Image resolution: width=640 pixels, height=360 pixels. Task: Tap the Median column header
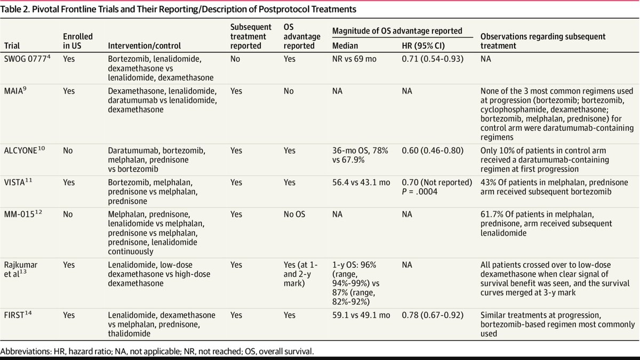[345, 46]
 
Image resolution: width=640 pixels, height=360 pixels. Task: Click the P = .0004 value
[423, 191]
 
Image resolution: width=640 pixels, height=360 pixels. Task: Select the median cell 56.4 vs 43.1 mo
[362, 181]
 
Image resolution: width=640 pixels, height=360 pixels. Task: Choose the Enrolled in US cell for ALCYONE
[68, 151]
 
